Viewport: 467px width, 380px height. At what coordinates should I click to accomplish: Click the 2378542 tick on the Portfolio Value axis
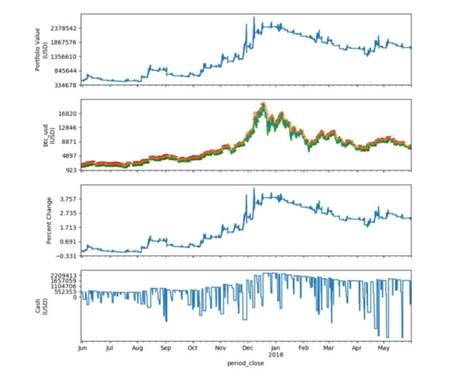point(63,28)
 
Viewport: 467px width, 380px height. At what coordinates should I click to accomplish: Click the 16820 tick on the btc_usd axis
point(68,114)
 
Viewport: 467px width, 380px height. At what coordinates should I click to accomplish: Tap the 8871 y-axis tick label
point(69,142)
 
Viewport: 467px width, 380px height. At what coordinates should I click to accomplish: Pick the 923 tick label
point(71,170)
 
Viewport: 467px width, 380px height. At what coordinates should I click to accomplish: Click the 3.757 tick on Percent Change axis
point(68,199)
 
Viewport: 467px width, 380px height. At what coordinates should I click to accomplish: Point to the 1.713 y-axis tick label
point(68,228)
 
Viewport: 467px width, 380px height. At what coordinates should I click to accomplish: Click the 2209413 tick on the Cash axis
point(63,275)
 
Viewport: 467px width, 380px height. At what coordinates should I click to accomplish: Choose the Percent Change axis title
point(49,220)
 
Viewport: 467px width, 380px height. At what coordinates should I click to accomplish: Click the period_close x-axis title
point(246,363)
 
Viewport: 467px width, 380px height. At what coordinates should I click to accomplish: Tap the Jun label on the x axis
point(83,348)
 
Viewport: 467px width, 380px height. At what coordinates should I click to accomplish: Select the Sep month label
point(165,348)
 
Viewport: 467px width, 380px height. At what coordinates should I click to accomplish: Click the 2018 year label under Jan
point(275,355)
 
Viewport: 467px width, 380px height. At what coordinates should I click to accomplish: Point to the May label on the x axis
point(383,348)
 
